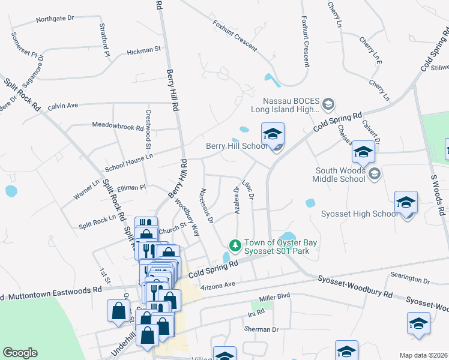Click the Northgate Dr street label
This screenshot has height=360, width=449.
(55, 19)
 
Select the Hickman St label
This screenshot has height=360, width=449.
(145, 51)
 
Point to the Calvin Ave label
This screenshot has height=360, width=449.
(63, 105)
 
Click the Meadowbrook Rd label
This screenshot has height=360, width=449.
(118, 127)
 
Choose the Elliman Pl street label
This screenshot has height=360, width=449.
(131, 187)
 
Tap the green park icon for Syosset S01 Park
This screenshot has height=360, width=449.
(235, 245)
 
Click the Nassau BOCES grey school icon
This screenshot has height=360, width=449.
(328, 105)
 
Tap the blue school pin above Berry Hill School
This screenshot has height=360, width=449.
(273, 135)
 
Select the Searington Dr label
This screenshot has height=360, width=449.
(411, 280)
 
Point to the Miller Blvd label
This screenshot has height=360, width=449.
(274, 297)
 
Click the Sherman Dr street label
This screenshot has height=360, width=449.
(262, 329)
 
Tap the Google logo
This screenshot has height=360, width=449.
(20, 353)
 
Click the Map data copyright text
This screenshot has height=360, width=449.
(423, 355)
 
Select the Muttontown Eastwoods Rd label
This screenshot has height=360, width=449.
(52, 292)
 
